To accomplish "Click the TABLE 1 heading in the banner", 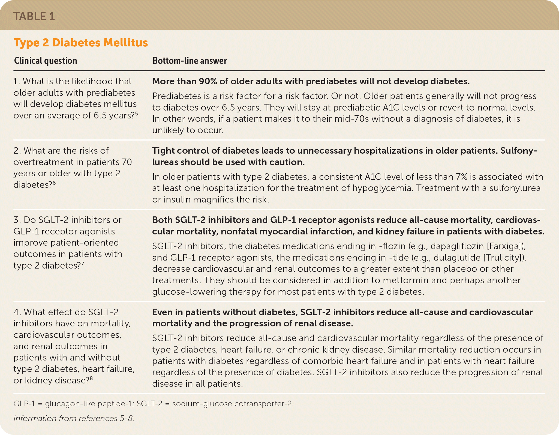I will pos(34,16).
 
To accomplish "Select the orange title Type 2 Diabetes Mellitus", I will pos(81,43).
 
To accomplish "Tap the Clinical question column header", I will pos(46,61).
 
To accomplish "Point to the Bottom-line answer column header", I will pos(190,61).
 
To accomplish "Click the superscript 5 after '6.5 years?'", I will pos(136,113).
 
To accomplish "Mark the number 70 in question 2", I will pos(127,162).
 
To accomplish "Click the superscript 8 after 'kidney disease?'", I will pos(91,378).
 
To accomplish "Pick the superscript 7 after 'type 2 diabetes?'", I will pos(82,263).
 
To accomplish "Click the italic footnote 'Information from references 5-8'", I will pos(74,418).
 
